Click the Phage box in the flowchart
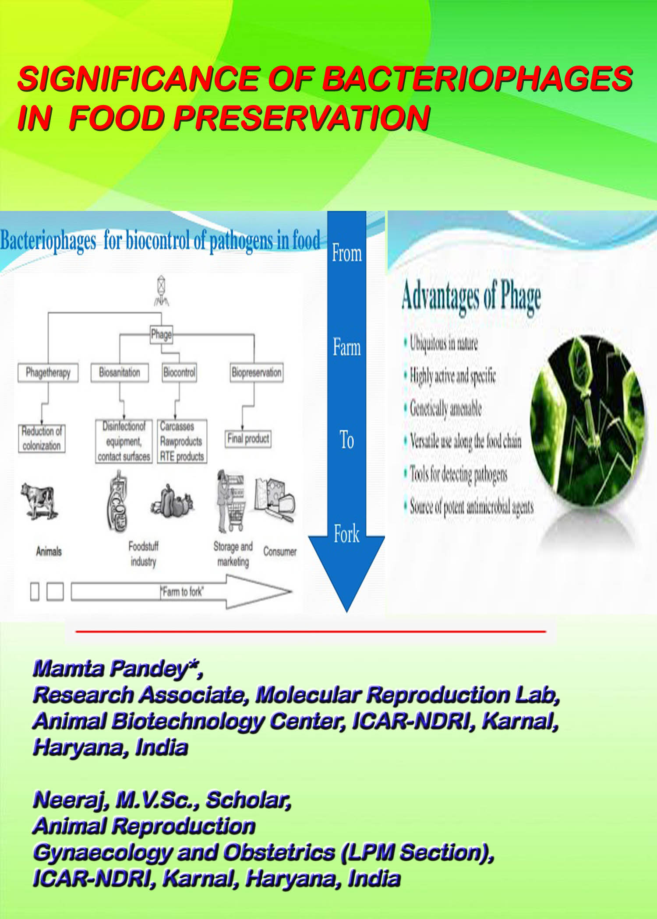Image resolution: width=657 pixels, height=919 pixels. [x=161, y=335]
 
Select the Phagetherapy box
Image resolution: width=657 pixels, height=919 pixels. [x=48, y=373]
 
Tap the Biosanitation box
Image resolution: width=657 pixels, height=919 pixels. [x=120, y=373]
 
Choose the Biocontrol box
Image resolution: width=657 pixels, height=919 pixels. [x=179, y=373]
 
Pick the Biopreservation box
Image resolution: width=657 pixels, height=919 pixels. [x=257, y=373]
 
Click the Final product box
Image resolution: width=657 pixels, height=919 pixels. [x=248, y=438]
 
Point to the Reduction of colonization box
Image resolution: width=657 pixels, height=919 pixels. [x=42, y=438]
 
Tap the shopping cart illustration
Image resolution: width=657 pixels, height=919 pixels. [x=231, y=502]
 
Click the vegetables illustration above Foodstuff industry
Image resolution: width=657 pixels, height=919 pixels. [x=172, y=502]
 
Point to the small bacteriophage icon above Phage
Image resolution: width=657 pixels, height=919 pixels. [x=162, y=290]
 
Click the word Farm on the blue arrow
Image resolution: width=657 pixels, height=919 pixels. [x=347, y=347]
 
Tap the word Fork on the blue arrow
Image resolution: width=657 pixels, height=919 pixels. [x=346, y=534]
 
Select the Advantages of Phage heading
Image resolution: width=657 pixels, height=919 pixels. [x=471, y=297]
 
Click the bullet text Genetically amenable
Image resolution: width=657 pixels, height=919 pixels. [x=445, y=408]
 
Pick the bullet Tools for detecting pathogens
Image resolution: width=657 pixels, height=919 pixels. [x=459, y=474]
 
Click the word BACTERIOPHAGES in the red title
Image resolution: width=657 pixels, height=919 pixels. [x=477, y=79]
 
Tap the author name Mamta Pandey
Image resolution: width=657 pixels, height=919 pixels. [x=110, y=668]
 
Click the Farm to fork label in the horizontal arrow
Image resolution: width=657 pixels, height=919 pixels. [x=182, y=592]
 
